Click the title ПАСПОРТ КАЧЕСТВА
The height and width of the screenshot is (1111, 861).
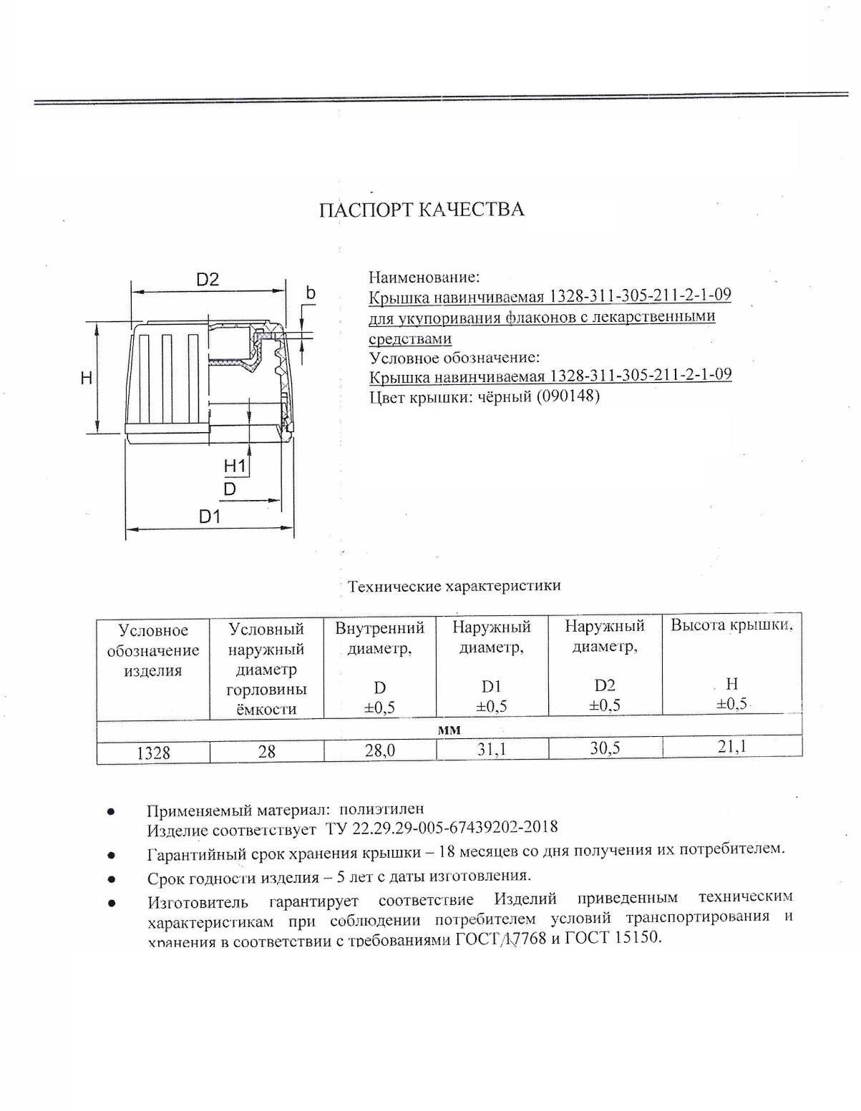click(421, 210)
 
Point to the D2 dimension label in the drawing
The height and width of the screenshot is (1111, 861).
click(207, 280)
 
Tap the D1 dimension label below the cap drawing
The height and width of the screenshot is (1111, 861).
click(209, 516)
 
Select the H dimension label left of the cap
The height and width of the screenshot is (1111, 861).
click(87, 378)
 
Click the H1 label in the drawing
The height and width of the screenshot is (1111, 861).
click(235, 466)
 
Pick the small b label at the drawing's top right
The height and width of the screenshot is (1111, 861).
click(310, 293)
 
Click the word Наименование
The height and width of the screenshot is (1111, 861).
click(424, 277)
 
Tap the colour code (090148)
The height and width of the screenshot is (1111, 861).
click(567, 396)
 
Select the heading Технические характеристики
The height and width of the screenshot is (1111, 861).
click(454, 586)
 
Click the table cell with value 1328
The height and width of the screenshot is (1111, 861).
click(153, 753)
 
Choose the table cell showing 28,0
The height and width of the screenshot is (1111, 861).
click(379, 750)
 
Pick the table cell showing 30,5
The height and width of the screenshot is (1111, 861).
click(605, 748)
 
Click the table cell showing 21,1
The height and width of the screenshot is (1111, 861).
click(731, 746)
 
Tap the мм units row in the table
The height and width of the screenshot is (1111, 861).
click(449, 730)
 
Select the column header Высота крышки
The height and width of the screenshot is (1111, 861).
click(731, 625)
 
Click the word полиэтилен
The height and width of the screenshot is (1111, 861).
click(381, 809)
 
